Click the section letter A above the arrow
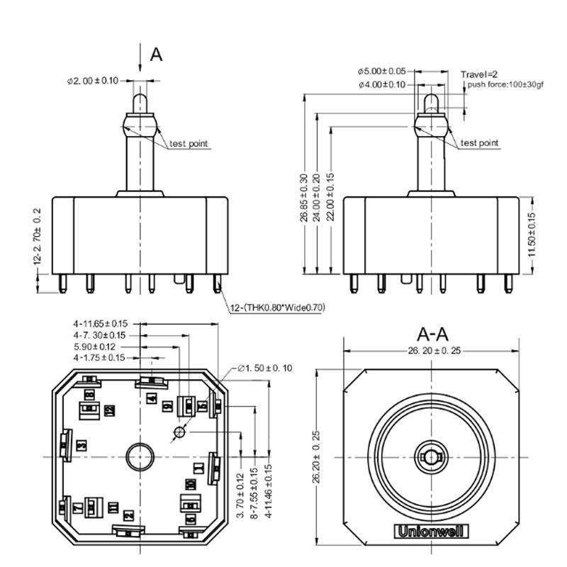coord(157,55)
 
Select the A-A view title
coord(433,334)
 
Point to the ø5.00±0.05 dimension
coord(381,72)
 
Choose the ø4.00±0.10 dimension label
coord(381,84)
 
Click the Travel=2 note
coord(480,74)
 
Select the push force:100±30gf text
coord(505,85)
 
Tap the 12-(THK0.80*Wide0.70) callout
coord(276,308)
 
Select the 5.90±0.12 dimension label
coord(95,347)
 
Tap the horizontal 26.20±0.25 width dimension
coord(434,350)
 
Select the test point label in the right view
coord(480,143)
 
